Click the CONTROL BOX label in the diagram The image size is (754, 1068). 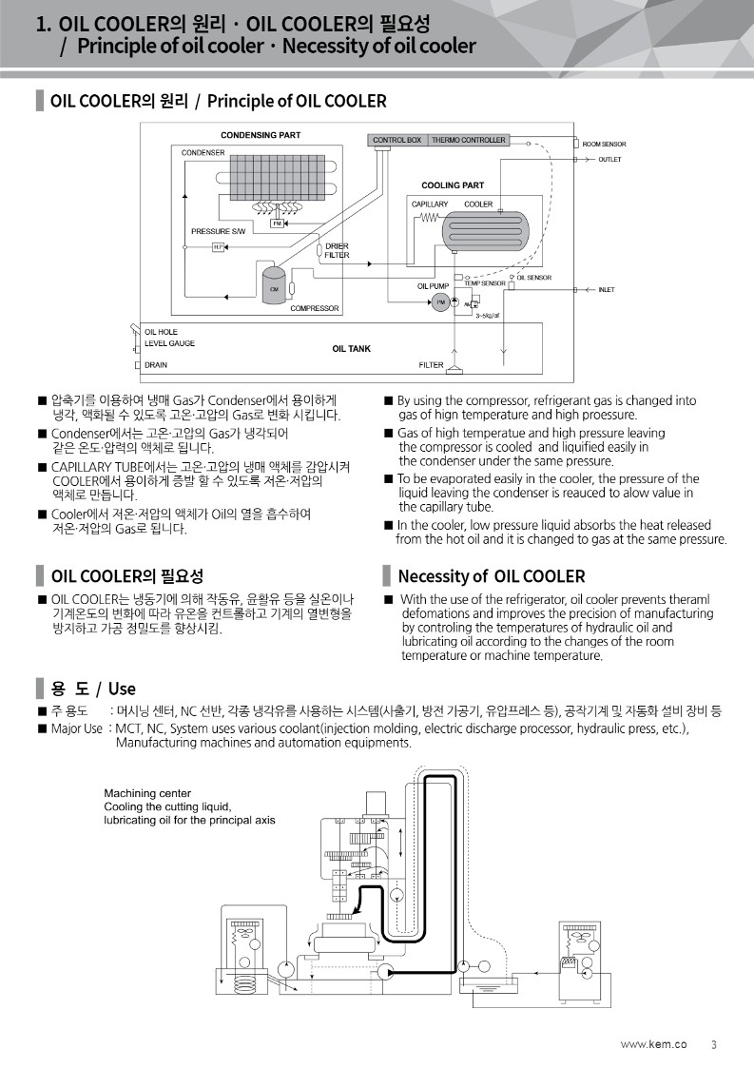point(396,141)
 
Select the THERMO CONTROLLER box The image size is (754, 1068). point(468,141)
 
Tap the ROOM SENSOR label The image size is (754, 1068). point(604,144)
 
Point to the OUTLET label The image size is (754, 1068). point(609,160)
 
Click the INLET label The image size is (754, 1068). point(607,289)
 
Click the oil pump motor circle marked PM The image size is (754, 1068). point(440,301)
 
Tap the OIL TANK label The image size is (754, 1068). point(351,349)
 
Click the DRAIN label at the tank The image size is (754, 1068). point(156,365)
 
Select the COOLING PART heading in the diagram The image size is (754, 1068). point(452,185)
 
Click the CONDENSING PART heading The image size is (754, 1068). point(261,135)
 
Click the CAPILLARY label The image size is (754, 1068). point(430,204)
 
